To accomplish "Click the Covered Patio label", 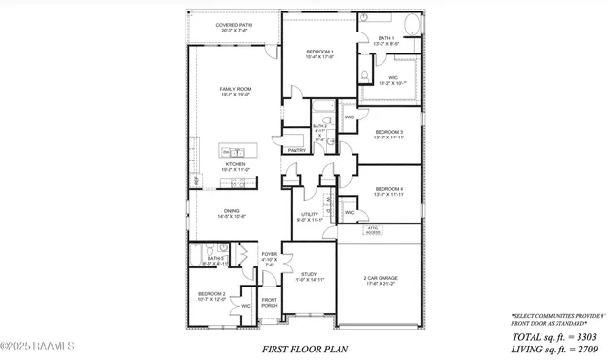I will coord(214,27).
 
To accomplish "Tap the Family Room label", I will coord(234,91).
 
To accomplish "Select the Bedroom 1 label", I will coord(320,53).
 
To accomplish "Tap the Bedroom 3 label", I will coord(388,135).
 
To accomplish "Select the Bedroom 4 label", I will coord(388,192).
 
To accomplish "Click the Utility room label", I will coord(310,217).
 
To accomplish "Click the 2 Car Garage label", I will coord(380,281).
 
